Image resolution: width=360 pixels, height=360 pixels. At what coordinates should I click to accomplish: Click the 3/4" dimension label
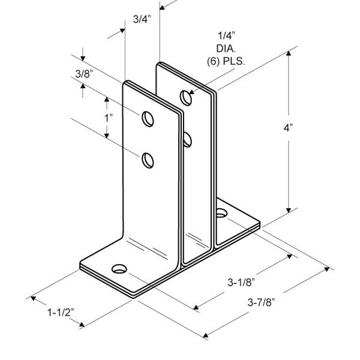click(x=142, y=19)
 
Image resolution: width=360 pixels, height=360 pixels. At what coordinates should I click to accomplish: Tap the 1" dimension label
click(x=109, y=118)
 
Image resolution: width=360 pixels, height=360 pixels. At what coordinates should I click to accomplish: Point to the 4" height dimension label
click(x=289, y=128)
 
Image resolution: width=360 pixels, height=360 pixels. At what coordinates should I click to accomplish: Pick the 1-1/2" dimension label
click(x=61, y=313)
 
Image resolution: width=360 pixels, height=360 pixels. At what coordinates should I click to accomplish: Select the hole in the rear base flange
click(x=222, y=212)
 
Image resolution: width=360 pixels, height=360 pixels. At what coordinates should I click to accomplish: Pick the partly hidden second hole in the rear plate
click(x=188, y=140)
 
